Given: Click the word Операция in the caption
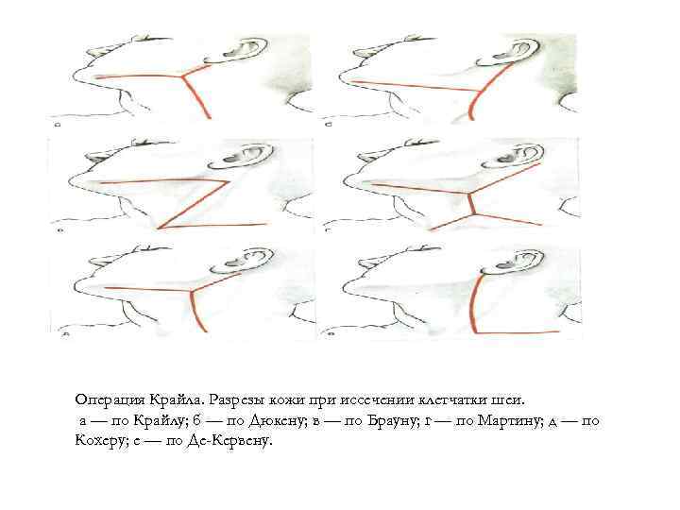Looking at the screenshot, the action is [x=110, y=399].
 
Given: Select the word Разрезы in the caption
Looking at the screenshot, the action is [x=235, y=399].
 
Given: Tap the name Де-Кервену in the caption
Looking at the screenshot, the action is [x=230, y=441].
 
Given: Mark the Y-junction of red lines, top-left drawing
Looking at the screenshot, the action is [x=181, y=77].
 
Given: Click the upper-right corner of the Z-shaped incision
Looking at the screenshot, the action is [x=229, y=181].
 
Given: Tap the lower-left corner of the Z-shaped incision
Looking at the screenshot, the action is [x=160, y=228].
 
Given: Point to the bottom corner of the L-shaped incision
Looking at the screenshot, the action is [x=476, y=332].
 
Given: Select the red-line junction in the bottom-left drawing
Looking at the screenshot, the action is [x=191, y=292].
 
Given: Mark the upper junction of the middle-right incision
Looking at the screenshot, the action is [x=468, y=193].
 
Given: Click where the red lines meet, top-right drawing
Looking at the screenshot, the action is [x=480, y=92].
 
